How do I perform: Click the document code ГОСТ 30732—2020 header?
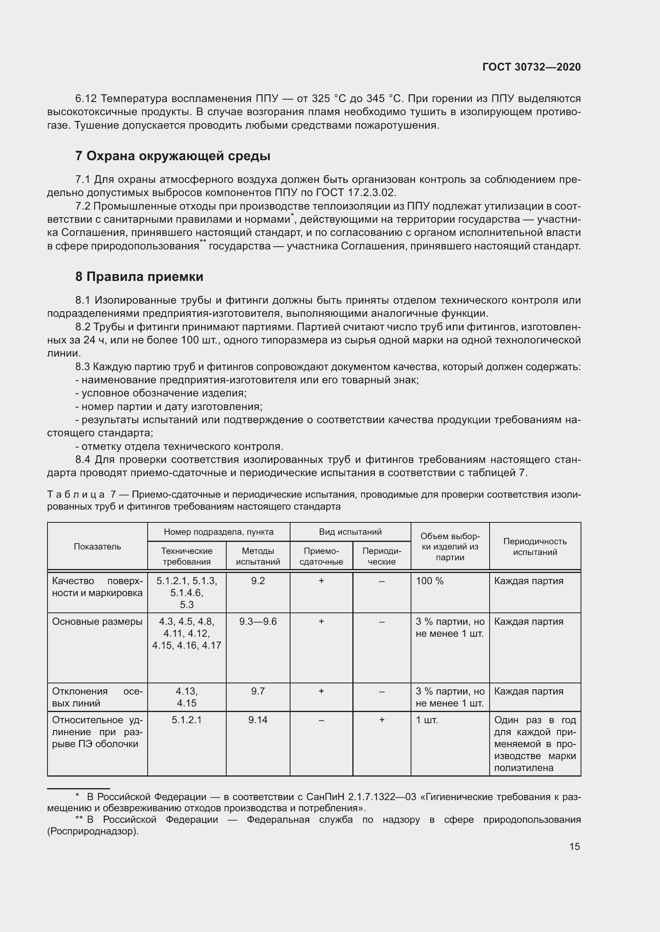point(531,67)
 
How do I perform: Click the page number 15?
point(574,846)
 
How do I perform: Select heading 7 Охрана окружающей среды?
point(173,156)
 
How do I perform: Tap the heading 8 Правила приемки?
point(139,277)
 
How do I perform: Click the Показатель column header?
point(97,546)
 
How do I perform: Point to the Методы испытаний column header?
point(258,556)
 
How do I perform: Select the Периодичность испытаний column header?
point(534,546)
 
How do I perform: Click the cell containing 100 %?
point(430,581)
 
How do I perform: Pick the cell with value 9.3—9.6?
point(258,622)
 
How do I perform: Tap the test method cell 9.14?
point(258,720)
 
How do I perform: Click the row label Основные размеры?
point(97,622)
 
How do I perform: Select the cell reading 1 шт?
point(427,720)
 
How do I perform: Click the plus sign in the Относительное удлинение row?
point(381,720)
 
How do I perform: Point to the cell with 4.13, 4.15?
point(186,697)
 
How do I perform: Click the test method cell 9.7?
point(258,691)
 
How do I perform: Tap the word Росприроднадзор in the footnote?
point(93,831)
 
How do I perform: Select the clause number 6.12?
point(86,99)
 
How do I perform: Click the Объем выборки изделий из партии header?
point(450,546)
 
